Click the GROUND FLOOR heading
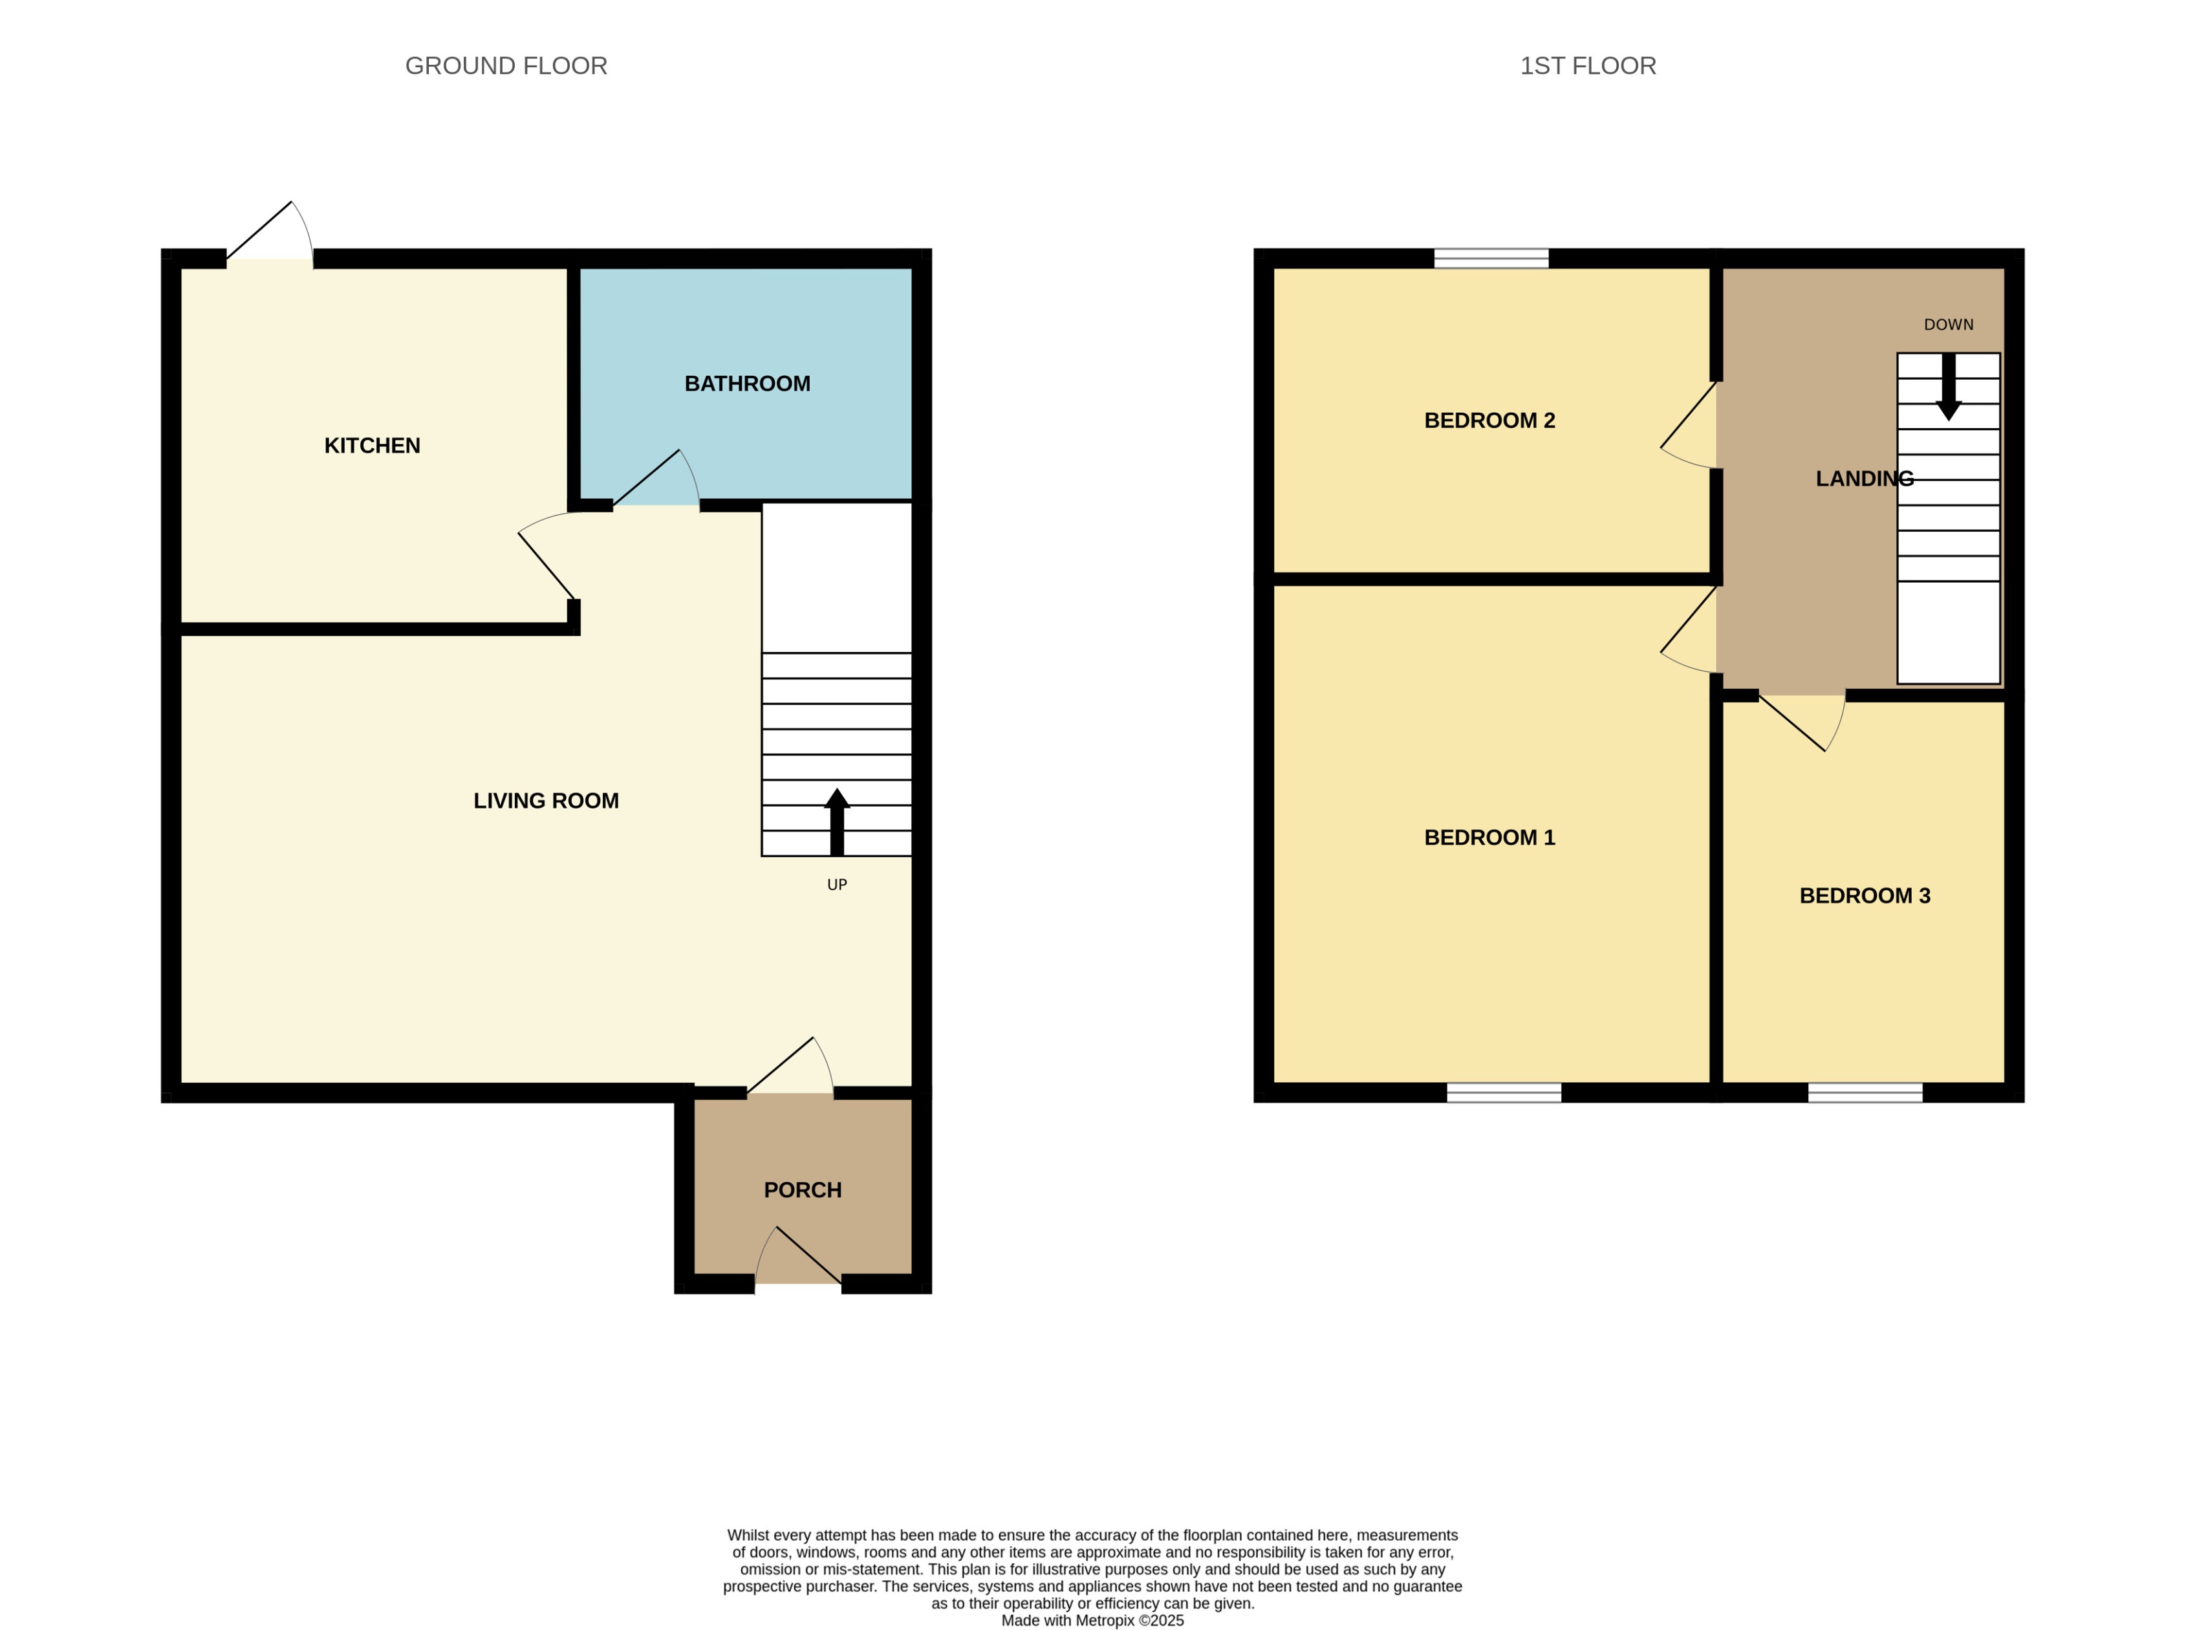coord(506,66)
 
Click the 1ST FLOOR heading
coord(1587,66)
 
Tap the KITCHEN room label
coord(372,446)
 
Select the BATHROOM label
coord(747,384)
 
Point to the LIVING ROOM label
coord(545,801)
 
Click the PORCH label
coord(802,1190)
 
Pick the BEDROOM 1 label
coord(1489,838)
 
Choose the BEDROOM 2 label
coord(1489,420)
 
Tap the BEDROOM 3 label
coord(1863,896)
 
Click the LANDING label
coord(1863,479)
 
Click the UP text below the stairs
coord(836,885)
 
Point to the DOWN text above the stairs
coord(1947,325)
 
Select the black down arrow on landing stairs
coord(1947,387)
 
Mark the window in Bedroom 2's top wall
coord(1491,259)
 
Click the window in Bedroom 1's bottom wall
coord(1504,1092)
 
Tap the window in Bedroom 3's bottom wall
coord(1865,1092)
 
